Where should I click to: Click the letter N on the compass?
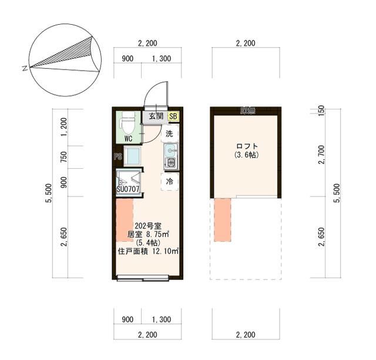click(x=25, y=69)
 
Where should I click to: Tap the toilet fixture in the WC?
click(x=126, y=124)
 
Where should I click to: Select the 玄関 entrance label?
click(x=155, y=116)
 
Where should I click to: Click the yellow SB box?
click(x=174, y=116)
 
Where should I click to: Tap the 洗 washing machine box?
click(x=169, y=134)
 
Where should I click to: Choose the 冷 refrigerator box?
click(x=169, y=182)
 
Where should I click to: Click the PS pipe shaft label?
click(x=117, y=156)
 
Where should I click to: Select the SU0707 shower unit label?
click(x=128, y=189)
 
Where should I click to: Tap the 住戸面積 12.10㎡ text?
click(x=148, y=251)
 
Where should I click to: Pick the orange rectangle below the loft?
click(x=223, y=220)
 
